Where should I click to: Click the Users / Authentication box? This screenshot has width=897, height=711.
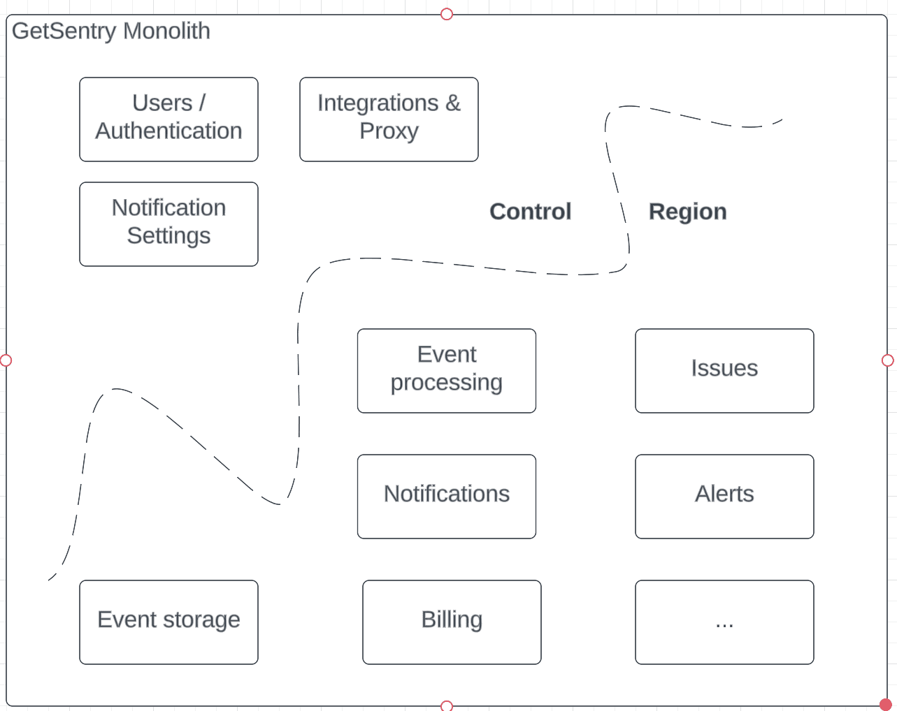168,119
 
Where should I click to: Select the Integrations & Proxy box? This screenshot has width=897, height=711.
389,119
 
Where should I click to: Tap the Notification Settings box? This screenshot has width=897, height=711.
168,223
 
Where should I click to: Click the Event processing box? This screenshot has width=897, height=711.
446,370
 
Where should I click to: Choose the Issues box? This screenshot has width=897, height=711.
724,370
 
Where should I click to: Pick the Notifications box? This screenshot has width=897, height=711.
446,496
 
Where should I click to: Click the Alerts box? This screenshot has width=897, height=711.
724,496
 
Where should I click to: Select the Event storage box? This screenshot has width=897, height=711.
168,622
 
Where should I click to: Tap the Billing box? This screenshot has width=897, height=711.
452,622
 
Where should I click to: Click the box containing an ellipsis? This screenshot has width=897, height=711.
724,622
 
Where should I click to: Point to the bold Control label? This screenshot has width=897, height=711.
530,212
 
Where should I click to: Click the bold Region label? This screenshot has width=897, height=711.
687,212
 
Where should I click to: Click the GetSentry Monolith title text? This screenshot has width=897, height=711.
110,31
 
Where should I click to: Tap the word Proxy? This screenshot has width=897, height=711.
389,131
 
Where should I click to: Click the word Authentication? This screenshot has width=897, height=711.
168,131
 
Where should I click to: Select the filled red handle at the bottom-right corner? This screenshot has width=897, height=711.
886,704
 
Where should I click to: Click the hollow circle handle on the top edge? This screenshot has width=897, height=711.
447,14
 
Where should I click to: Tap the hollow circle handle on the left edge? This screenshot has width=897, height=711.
6,360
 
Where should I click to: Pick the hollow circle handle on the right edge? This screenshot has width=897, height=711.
888,360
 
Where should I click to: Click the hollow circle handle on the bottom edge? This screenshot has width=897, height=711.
447,706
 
